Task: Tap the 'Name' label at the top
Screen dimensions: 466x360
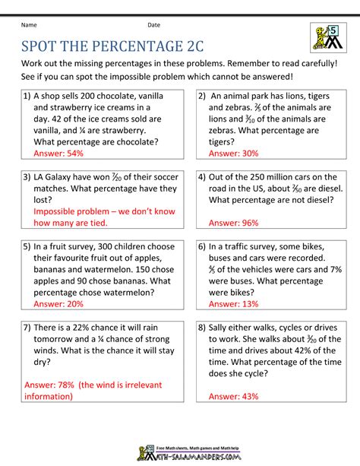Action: (x=28, y=25)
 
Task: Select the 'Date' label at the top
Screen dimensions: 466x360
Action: (x=154, y=25)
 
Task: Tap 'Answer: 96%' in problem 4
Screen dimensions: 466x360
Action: (x=234, y=223)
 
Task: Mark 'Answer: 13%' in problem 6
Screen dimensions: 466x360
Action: (x=234, y=303)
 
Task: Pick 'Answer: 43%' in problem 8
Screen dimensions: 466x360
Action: (x=234, y=395)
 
